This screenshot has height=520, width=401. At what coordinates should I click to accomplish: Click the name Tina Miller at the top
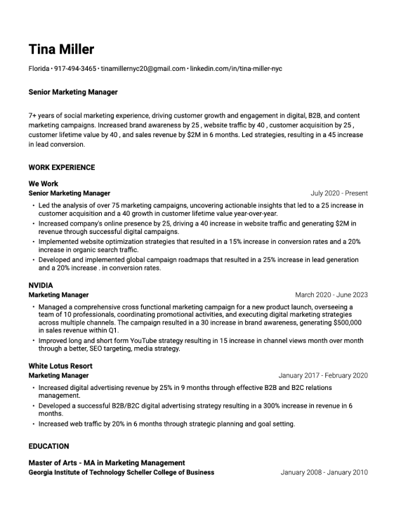tap(61, 49)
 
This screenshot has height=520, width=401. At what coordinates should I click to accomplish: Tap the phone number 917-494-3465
tap(76, 69)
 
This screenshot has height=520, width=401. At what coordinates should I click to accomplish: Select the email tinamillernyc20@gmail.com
tap(143, 69)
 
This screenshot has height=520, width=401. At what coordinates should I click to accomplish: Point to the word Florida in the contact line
tap(39, 69)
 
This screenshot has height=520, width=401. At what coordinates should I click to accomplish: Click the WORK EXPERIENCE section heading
tap(62, 168)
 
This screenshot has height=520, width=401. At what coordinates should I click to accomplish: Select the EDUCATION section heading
tap(48, 446)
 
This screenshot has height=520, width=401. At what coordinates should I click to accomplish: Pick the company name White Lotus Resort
tap(60, 366)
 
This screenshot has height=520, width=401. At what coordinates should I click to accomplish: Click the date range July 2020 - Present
tap(338, 193)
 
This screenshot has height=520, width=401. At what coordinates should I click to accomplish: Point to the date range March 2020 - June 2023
tap(331, 295)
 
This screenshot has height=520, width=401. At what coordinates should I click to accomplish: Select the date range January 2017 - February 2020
tap(322, 375)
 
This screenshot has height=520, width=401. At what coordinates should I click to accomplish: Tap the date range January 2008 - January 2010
tap(324, 472)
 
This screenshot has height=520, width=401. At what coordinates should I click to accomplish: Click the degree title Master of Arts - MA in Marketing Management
tap(107, 463)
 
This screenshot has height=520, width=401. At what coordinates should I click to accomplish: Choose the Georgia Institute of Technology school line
tap(121, 472)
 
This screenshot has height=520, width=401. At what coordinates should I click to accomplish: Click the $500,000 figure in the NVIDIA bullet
tap(344, 323)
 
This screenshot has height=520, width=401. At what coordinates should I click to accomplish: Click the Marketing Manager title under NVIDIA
tap(58, 295)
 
